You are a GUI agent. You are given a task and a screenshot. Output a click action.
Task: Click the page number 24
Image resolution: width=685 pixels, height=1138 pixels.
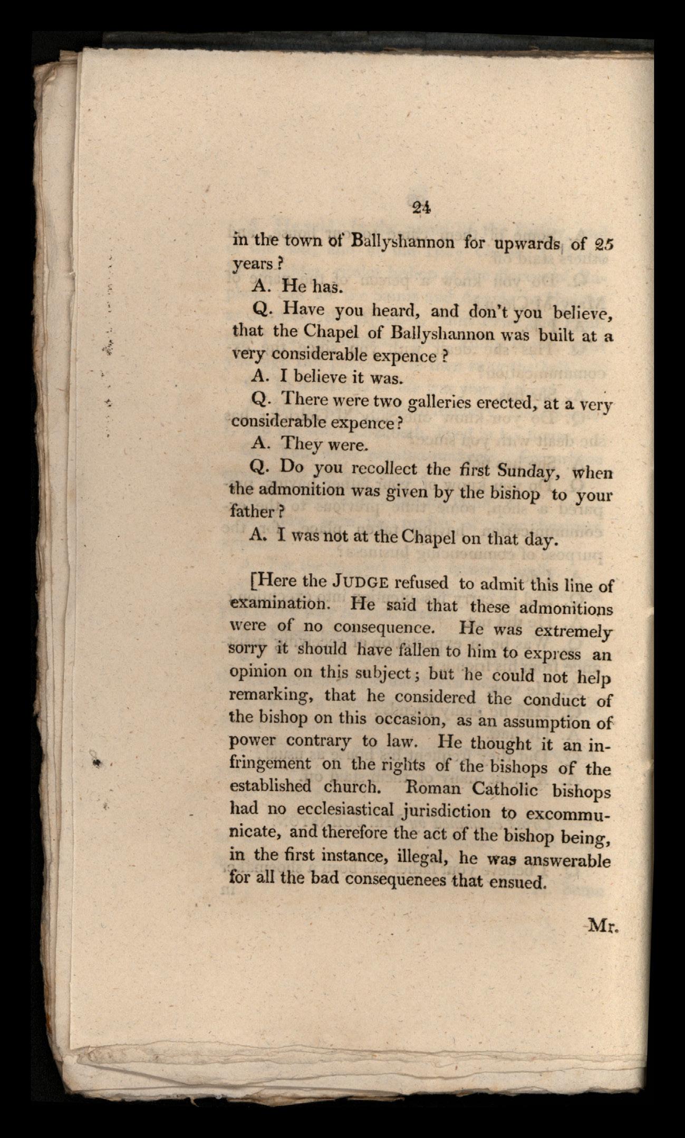click(x=421, y=208)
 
